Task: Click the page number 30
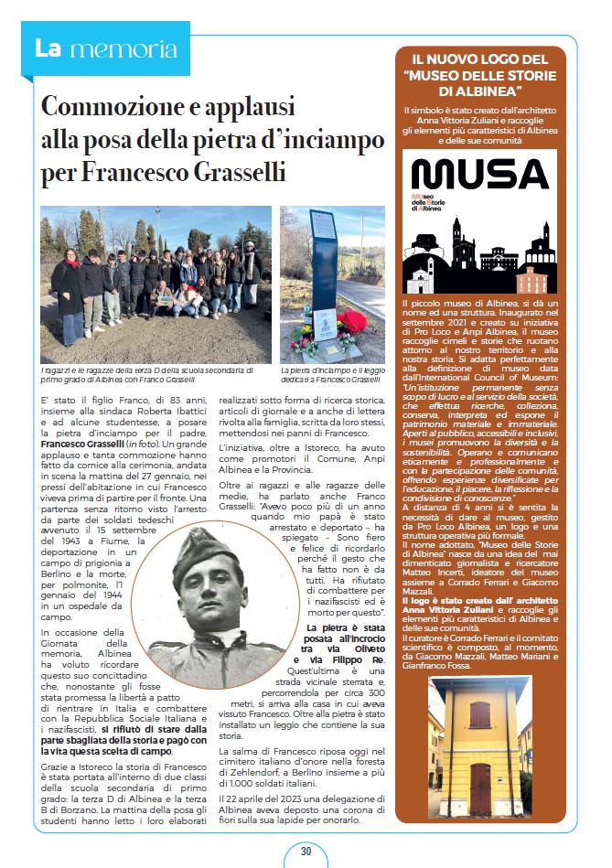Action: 306,851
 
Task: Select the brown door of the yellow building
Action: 480,783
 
